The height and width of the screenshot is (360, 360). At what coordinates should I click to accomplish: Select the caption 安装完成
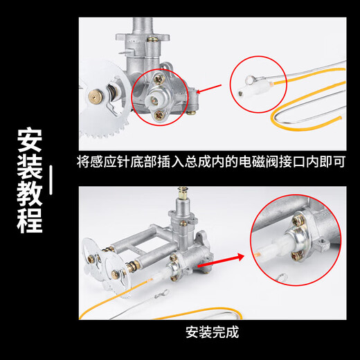pos(212,332)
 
